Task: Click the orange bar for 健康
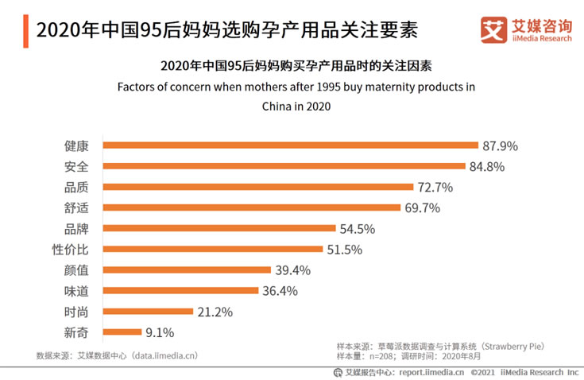(x=290, y=146)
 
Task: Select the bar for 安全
(x=284, y=167)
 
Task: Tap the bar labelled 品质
(x=258, y=188)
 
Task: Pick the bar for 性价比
(x=213, y=250)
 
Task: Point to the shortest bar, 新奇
(x=122, y=332)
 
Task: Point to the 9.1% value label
(x=158, y=332)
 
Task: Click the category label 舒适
(x=76, y=208)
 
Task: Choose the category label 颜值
(x=76, y=270)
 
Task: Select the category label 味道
(x=76, y=291)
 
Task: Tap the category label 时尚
(x=76, y=312)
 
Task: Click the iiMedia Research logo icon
(x=493, y=30)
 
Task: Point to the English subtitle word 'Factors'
(x=137, y=87)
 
